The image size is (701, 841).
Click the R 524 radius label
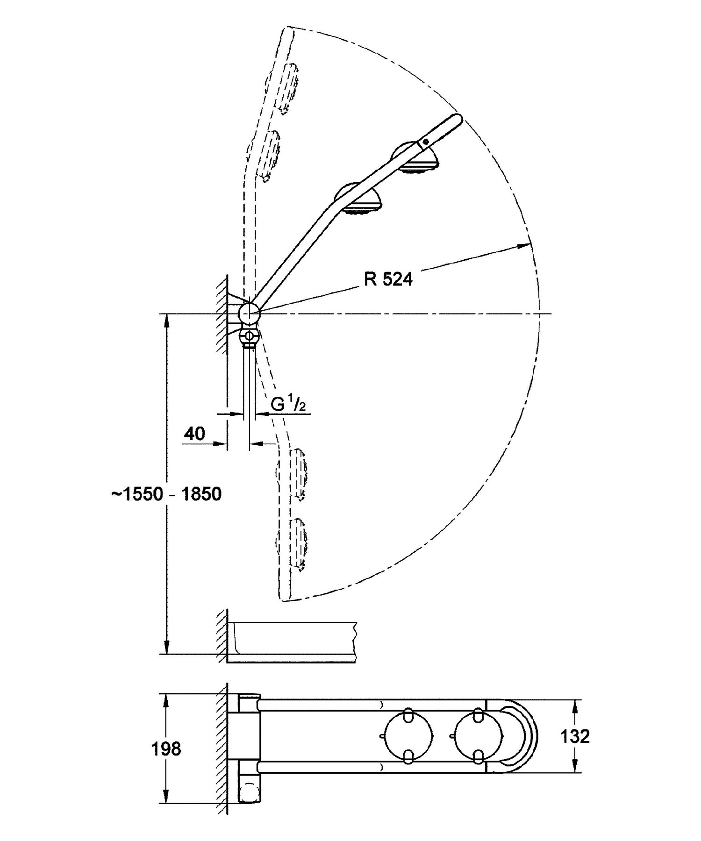point(388,279)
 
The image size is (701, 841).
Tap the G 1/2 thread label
point(288,404)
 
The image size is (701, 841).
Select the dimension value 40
point(194,434)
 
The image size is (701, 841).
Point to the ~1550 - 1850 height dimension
point(166,494)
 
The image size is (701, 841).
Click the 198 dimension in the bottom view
point(166,749)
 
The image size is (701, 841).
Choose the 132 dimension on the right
point(575,737)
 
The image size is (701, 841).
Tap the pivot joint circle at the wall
point(249,313)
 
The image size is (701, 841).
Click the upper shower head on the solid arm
point(416,158)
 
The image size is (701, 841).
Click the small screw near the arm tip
point(425,141)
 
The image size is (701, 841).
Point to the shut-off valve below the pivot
point(249,336)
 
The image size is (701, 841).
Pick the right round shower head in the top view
point(478,737)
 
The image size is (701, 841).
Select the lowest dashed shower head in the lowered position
point(293,542)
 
